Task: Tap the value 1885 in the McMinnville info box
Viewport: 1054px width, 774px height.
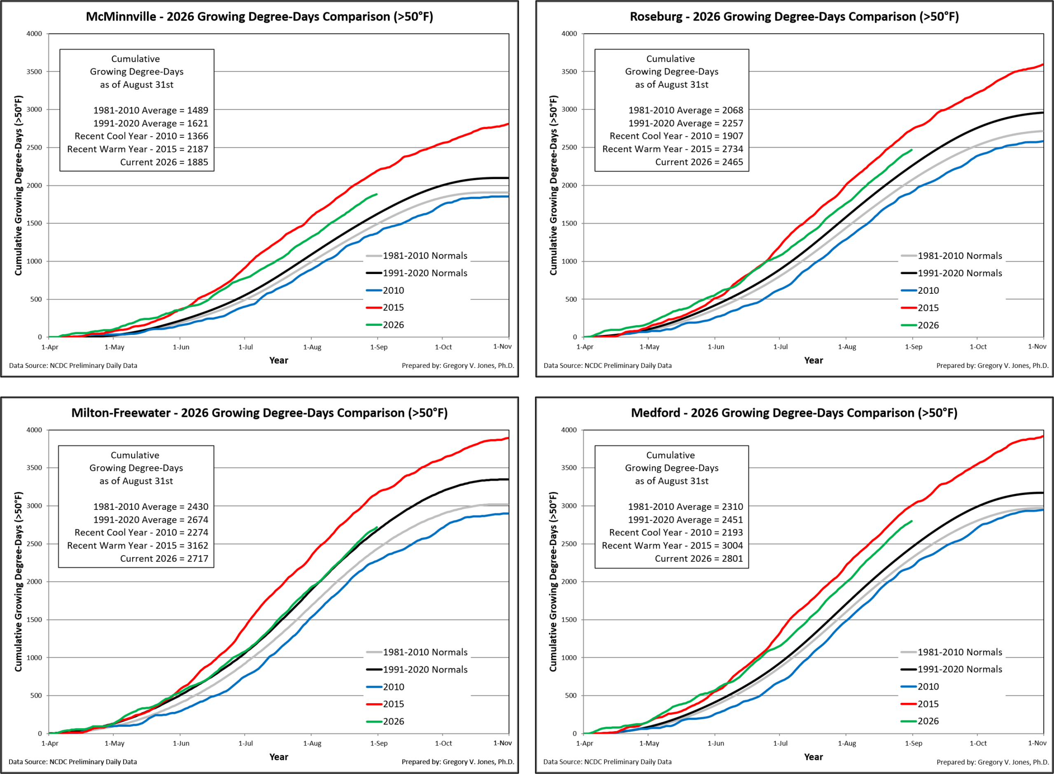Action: point(197,162)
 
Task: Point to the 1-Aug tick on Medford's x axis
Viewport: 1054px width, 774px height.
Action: point(847,743)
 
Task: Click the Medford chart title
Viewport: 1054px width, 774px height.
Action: point(794,413)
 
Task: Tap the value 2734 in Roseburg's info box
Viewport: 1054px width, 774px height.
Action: point(732,149)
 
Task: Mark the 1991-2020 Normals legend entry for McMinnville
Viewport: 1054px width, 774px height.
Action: point(417,273)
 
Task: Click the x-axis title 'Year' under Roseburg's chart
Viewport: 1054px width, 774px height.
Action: point(814,360)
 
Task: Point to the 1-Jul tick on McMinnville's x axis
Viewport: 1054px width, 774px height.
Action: point(245,347)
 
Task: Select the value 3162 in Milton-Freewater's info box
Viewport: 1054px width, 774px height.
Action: point(197,545)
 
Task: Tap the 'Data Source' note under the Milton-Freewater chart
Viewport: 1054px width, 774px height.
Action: point(72,762)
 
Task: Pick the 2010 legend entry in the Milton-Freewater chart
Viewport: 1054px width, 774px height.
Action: point(385,687)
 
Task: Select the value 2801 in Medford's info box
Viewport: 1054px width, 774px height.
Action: point(732,558)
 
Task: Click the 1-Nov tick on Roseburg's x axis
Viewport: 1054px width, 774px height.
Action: point(1037,347)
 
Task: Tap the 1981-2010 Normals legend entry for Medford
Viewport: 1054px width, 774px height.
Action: point(951,652)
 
